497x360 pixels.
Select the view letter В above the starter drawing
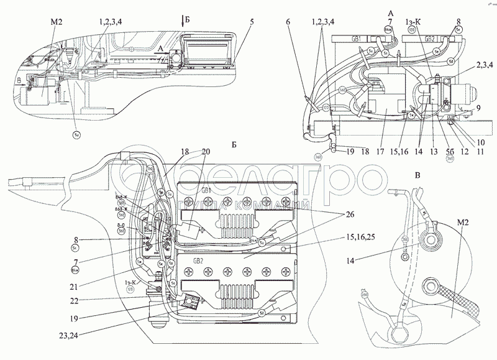coord(417,176)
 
